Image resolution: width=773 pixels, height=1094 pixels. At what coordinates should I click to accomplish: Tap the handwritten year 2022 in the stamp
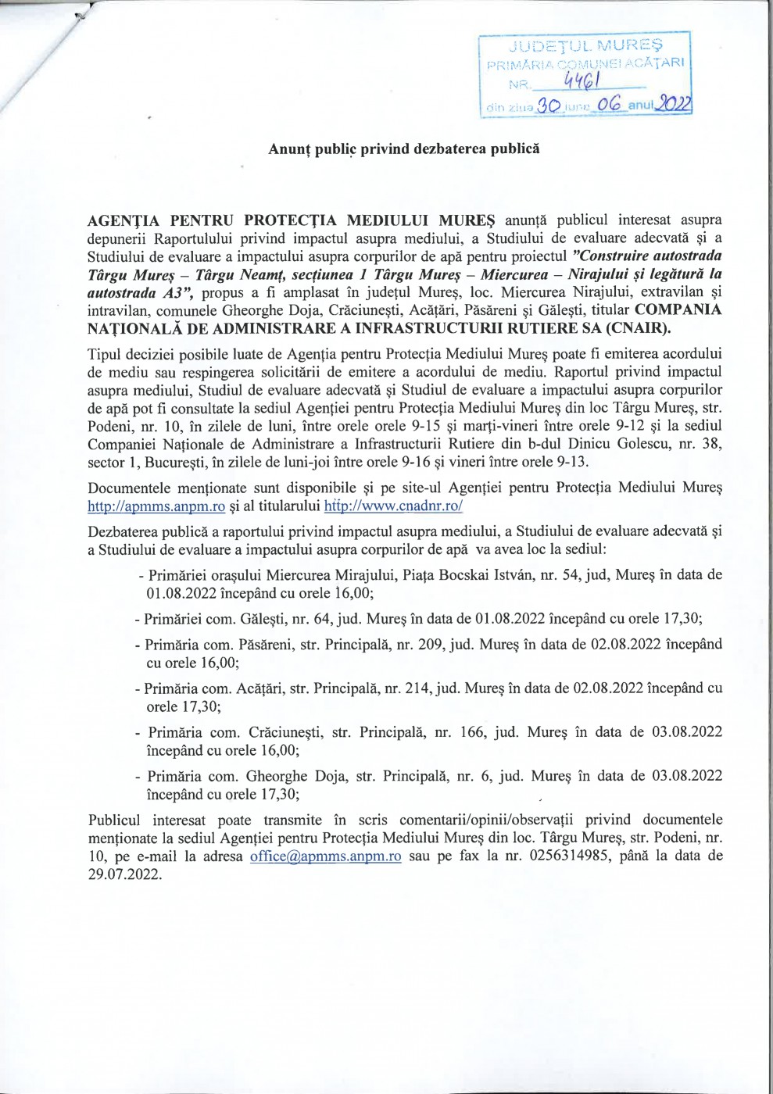[x=675, y=102]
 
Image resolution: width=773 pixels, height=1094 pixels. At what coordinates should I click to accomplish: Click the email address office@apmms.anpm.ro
[x=326, y=856]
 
